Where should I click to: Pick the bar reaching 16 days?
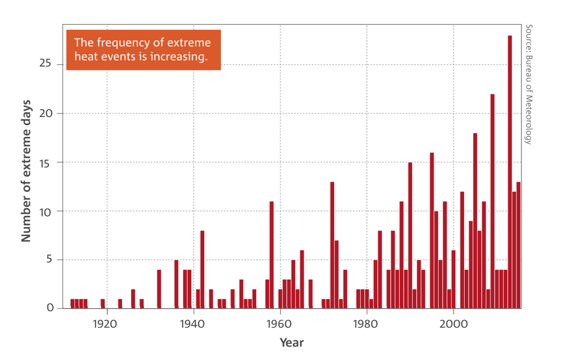(432, 230)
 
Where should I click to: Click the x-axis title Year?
(292, 342)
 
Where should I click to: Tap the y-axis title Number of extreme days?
(26, 171)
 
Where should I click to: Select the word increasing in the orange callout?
(180, 57)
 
